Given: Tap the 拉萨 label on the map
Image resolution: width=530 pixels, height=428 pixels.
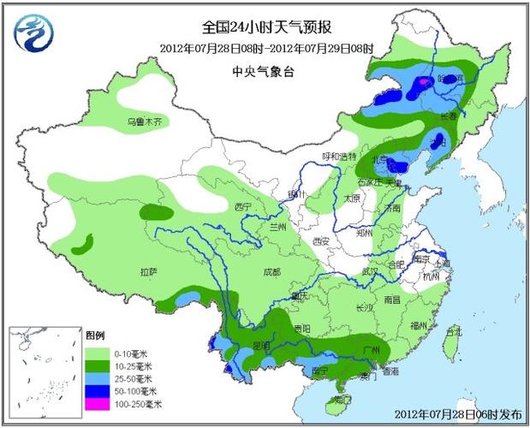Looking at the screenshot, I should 148,272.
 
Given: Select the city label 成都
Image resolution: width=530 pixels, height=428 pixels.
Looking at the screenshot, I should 271,272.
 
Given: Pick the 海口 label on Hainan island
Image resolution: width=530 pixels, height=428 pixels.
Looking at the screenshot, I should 342,399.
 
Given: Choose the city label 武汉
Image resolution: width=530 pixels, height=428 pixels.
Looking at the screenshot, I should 370,270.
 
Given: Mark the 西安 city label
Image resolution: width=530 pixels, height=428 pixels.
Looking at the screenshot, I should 321,241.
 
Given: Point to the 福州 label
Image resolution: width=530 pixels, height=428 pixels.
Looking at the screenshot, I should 420,325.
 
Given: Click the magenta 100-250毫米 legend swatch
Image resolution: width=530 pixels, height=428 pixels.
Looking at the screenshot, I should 97,402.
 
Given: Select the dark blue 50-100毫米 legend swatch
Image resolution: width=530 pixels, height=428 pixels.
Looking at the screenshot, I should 97,389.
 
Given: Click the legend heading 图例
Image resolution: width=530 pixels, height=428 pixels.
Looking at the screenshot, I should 95,335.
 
